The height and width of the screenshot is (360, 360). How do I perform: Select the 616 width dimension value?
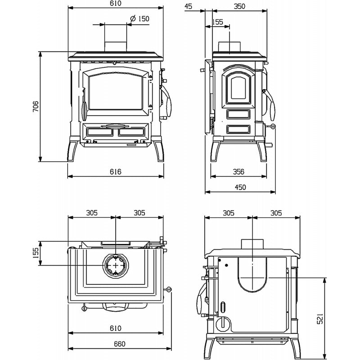click(116, 171)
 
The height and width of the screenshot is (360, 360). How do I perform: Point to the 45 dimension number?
click(189, 6)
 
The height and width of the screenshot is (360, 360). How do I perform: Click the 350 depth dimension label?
click(239, 6)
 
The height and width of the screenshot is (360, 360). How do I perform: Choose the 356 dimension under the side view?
click(238, 171)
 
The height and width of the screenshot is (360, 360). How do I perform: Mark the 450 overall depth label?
click(240, 188)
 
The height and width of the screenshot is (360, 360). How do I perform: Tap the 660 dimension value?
click(119, 344)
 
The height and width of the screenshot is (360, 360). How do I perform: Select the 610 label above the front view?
click(116, 4)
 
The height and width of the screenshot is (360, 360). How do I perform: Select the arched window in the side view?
click(238, 88)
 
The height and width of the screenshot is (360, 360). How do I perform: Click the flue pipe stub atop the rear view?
click(252, 243)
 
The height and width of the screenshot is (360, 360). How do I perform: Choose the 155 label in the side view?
click(217, 22)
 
